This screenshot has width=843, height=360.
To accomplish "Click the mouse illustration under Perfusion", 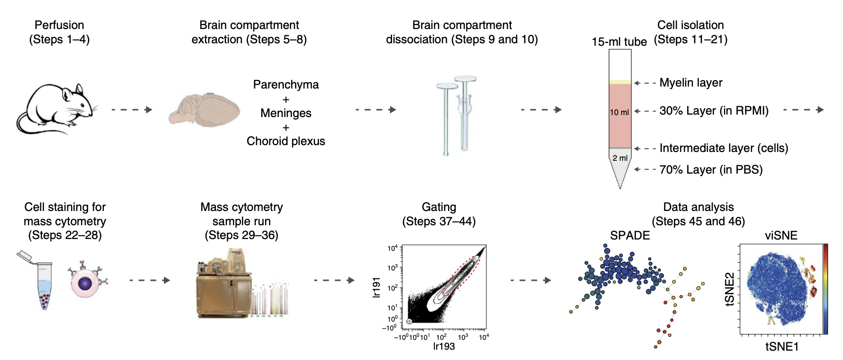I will pos(57,109).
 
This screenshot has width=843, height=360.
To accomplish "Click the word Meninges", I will pos(286,113).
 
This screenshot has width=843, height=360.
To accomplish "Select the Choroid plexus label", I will pos(286,141).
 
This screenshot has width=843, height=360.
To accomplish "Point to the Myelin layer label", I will pos(691,83).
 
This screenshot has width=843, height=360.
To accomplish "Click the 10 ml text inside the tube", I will pos(619,112).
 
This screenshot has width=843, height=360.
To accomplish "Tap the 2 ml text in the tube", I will pos(620,158).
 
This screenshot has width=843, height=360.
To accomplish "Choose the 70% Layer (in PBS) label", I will pos(711,170).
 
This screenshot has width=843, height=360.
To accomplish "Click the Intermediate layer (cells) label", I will pos(723,148).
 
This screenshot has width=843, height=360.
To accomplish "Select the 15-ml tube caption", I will pos(619,42).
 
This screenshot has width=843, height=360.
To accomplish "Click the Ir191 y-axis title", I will pos(377,287).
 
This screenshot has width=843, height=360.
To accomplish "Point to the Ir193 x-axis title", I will pos(444,346).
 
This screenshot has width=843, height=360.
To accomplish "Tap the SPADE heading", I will pos(630,236).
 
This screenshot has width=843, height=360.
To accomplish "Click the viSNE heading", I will pos(781,236).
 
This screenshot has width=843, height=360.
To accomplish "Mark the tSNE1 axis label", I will pos(782,347).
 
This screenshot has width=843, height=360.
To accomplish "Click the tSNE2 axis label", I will pos(730,289).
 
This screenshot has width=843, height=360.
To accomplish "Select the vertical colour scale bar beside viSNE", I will pos(825,289).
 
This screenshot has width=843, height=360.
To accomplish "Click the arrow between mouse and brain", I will pos(132,110).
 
